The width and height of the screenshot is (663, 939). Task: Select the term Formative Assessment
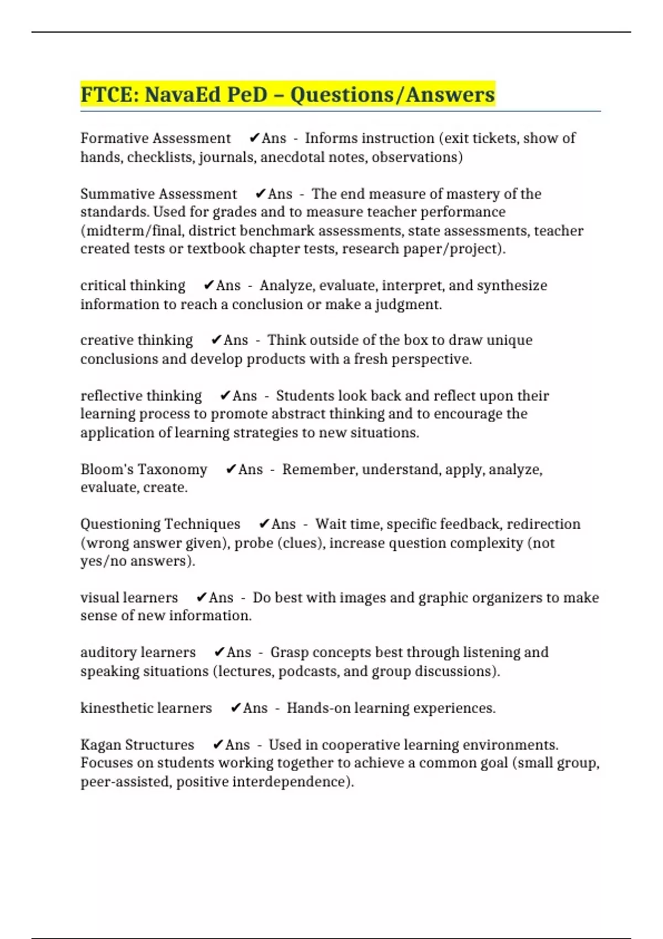point(155,138)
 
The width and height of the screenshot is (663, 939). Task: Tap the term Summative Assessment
point(159,194)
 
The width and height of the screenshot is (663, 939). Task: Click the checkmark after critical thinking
point(209,286)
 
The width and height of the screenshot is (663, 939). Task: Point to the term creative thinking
point(136,340)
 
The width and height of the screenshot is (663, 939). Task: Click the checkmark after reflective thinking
point(225,396)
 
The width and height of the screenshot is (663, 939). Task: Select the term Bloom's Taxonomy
point(144,469)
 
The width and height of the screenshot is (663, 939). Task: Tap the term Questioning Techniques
point(160,524)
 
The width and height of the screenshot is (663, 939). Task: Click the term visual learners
point(129,598)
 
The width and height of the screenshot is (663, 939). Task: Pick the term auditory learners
point(138,652)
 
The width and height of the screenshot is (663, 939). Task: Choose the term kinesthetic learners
point(146,708)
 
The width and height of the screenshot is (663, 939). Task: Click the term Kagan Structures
point(137,745)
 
